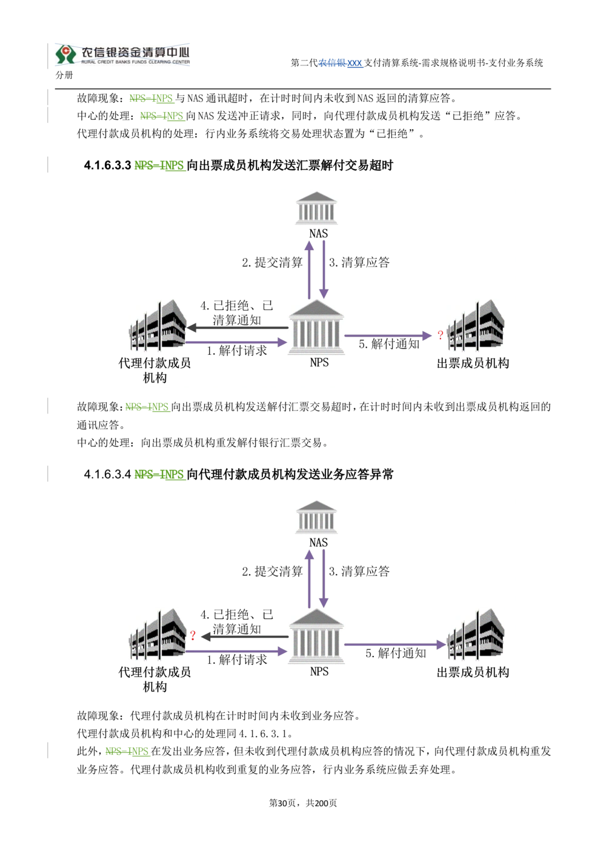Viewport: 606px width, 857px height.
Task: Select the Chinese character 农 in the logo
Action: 88,51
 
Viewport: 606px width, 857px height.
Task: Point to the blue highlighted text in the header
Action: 342,64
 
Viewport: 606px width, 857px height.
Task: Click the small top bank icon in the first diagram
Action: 315,210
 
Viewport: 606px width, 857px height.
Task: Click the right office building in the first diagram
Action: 478,325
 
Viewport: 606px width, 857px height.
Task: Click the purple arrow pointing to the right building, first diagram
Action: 388,336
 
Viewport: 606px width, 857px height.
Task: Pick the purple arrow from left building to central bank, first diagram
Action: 236,343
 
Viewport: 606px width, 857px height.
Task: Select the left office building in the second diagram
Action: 157,635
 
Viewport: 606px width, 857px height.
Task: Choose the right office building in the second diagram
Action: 478,635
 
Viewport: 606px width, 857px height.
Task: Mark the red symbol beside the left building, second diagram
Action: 193,635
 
